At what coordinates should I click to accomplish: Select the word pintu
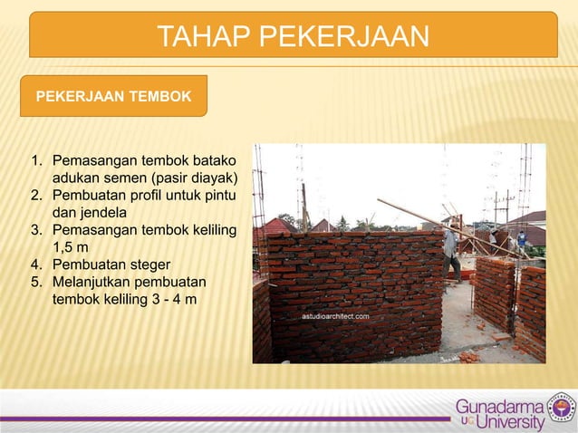click(x=217, y=194)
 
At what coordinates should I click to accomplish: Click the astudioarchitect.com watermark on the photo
click(x=335, y=317)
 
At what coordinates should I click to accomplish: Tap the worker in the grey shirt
click(x=450, y=251)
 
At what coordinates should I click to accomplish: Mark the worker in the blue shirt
click(x=521, y=240)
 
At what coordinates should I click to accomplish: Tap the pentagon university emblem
click(x=562, y=409)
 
